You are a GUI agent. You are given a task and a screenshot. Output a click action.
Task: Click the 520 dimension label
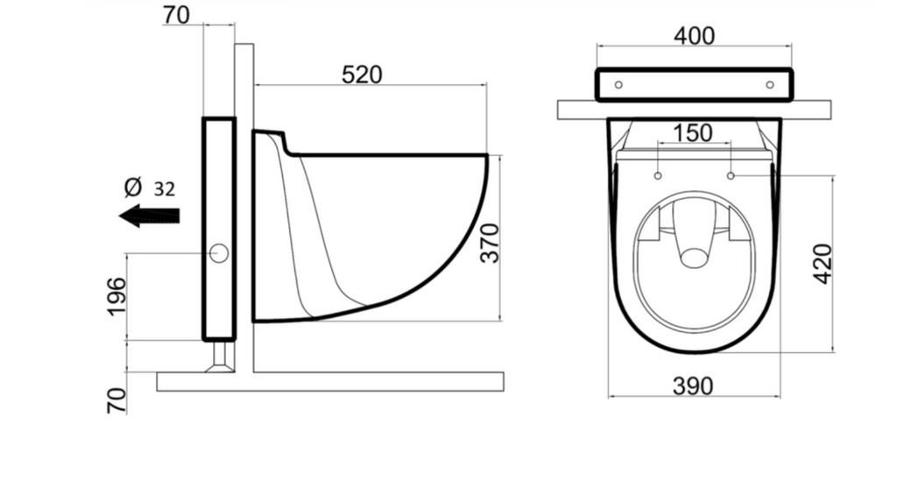pyautogui.click(x=362, y=75)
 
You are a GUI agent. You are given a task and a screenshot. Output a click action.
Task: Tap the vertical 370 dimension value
pyautogui.click(x=490, y=244)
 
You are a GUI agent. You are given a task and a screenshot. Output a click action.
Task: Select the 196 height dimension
pyautogui.click(x=117, y=296)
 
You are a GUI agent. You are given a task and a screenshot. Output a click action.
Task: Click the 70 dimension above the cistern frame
pyautogui.click(x=176, y=16)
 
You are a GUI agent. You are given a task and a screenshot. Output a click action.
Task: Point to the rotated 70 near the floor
pyautogui.click(x=117, y=400)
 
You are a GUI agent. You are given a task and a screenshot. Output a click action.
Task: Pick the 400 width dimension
pyautogui.click(x=695, y=36)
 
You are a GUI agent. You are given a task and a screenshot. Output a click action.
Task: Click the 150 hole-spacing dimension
pyautogui.click(x=693, y=133)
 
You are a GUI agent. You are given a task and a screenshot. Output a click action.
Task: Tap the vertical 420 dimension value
pyautogui.click(x=823, y=264)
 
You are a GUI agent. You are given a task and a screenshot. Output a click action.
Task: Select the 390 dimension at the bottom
pyautogui.click(x=694, y=386)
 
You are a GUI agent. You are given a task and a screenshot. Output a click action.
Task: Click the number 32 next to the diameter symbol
pyautogui.click(x=164, y=189)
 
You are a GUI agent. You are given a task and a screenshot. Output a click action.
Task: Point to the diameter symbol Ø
pyautogui.click(x=133, y=187)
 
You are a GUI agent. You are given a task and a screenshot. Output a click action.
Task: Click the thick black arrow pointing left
pyautogui.click(x=149, y=215)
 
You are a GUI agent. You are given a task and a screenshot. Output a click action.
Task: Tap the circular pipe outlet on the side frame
pyautogui.click(x=219, y=253)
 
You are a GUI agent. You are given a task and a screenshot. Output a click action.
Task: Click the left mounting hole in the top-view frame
pyautogui.click(x=618, y=85)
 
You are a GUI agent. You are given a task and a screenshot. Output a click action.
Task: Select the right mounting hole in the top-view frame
pyautogui.click(x=770, y=85)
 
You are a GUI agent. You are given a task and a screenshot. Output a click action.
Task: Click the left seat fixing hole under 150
pyautogui.click(x=658, y=175)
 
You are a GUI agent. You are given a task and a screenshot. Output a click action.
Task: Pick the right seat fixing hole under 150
pyautogui.click(x=731, y=175)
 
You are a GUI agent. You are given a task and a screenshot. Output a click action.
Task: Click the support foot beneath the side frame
pyautogui.click(x=220, y=356)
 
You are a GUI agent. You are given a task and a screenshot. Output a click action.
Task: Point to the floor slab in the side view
pyautogui.click(x=330, y=382)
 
